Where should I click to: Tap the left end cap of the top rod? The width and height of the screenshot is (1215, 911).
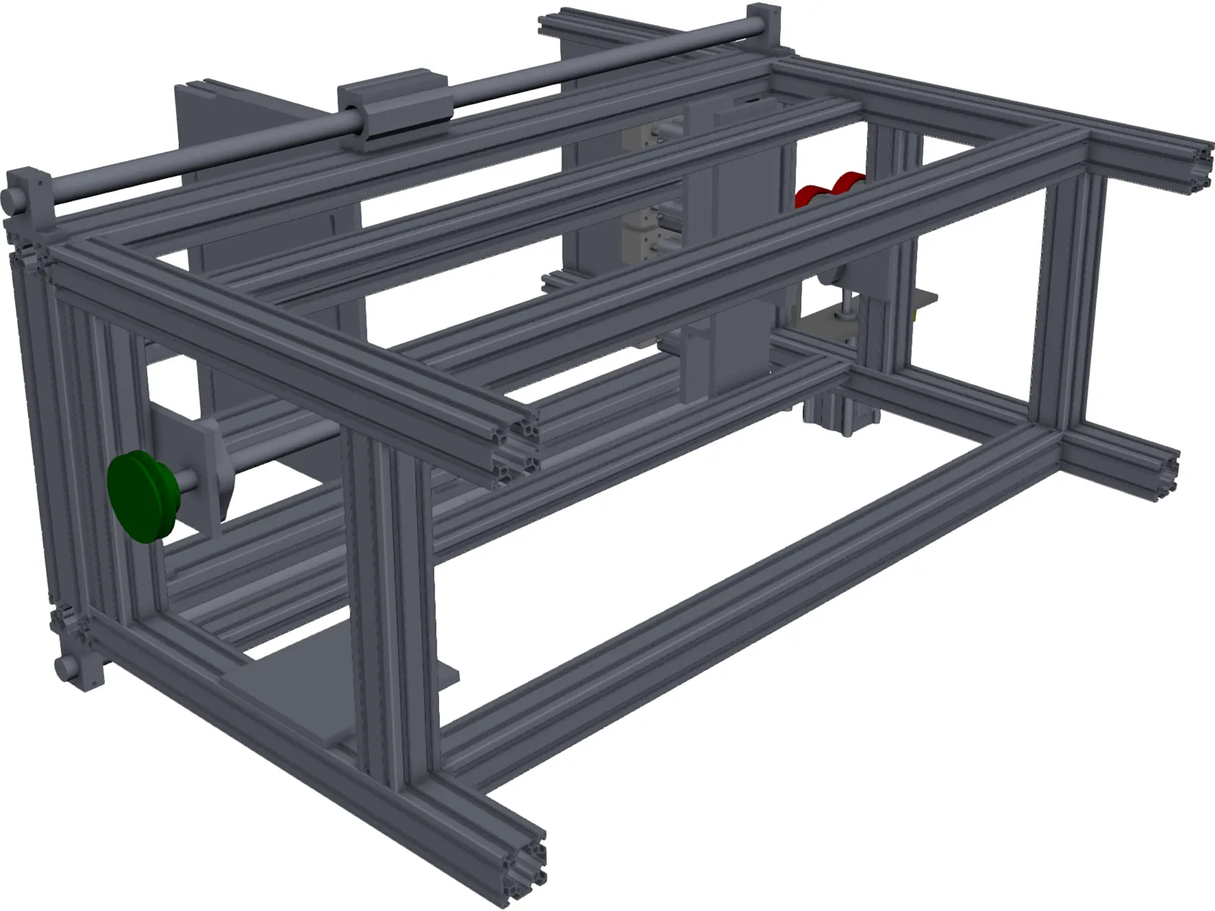pos(14,198)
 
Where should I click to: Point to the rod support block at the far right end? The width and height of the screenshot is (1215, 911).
pos(762,27)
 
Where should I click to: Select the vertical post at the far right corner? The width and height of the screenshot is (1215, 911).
pos(1071,304)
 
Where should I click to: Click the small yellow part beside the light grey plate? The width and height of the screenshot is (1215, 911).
pos(916,310)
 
